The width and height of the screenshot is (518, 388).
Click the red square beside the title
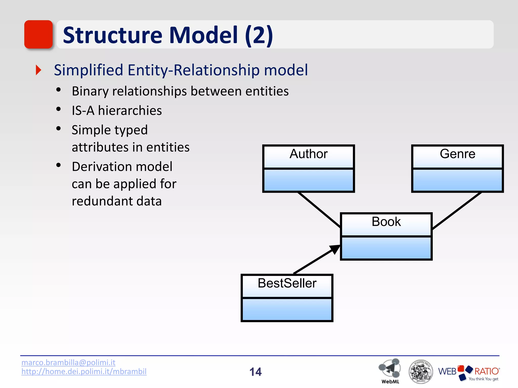tap(38, 34)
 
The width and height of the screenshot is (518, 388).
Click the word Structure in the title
tap(112, 35)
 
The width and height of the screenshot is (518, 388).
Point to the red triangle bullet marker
tap(38, 70)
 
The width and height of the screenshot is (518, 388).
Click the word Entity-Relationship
tap(193, 70)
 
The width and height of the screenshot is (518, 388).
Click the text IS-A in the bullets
tap(83, 111)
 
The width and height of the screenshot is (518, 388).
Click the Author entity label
tap(308, 154)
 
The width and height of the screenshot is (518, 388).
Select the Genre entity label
tap(457, 154)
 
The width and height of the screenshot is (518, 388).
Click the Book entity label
tap(386, 222)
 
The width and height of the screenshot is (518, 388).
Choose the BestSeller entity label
tap(287, 283)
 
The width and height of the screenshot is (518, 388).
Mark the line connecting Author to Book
tap(319, 210)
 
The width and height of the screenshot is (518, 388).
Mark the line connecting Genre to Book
tap(457, 211)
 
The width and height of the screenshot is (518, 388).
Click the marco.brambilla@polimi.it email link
tap(68, 362)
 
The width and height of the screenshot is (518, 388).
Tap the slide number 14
tap(255, 372)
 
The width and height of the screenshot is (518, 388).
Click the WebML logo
tap(390, 370)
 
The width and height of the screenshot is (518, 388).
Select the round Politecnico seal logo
tap(421, 372)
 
